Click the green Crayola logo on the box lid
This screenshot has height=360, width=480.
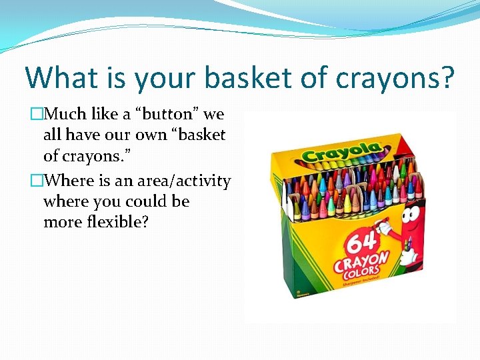[340, 153]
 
